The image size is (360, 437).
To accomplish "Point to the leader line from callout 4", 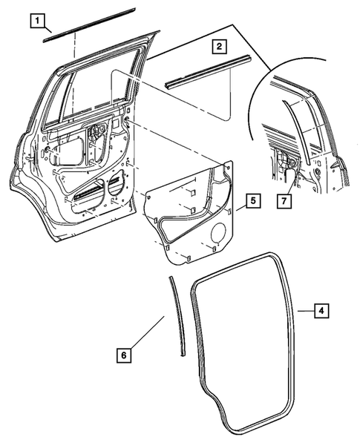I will (301, 310).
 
